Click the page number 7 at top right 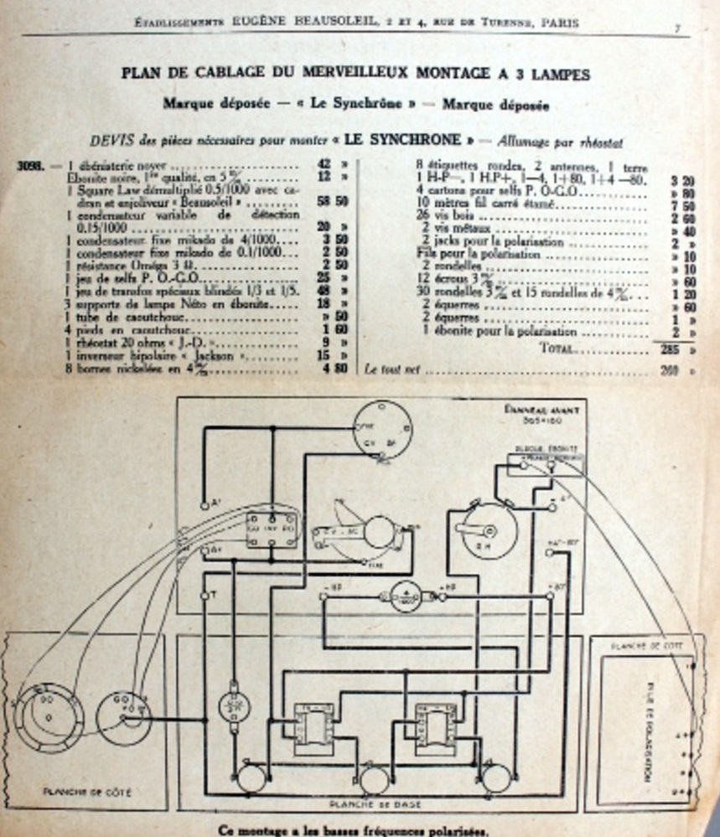(x=676, y=28)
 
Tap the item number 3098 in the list (x=30, y=165)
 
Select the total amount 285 (x=668, y=349)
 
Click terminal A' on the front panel (x=205, y=505)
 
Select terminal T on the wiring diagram (x=205, y=595)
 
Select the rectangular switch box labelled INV (x=270, y=530)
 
